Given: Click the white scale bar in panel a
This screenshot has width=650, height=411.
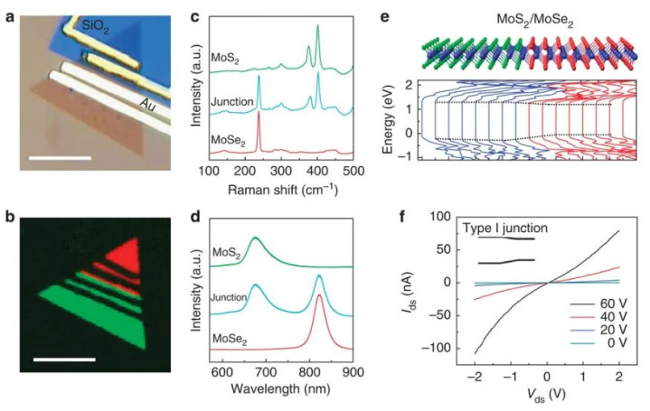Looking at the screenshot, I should coord(61,159).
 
